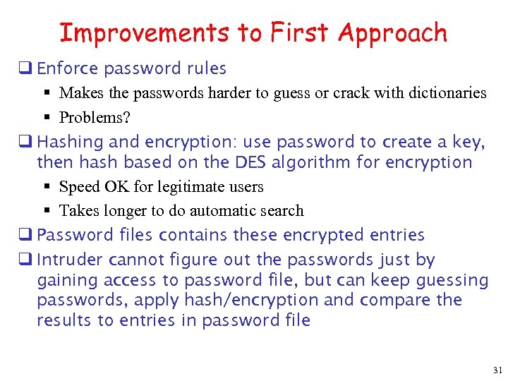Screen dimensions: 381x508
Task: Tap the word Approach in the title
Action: coord(392,33)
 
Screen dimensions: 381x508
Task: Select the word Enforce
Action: coord(68,68)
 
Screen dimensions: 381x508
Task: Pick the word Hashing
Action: coord(68,143)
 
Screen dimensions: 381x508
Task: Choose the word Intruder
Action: coord(68,260)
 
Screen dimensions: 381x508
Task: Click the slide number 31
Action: coord(497,370)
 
